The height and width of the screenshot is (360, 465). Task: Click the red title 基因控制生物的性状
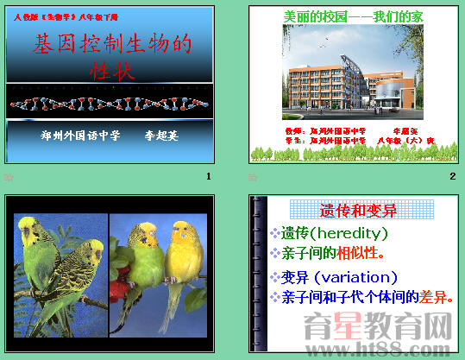[112, 55]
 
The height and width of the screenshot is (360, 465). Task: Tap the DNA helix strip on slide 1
[110, 103]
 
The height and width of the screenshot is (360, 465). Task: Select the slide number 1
[208, 176]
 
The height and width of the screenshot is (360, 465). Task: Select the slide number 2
[452, 176]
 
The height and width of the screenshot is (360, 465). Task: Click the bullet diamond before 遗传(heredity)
[274, 233]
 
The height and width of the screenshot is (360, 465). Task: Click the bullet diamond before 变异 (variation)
[274, 277]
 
